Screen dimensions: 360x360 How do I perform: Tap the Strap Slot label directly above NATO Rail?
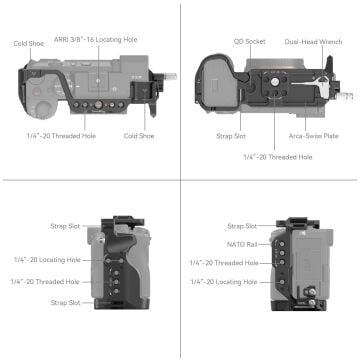(241, 226)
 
